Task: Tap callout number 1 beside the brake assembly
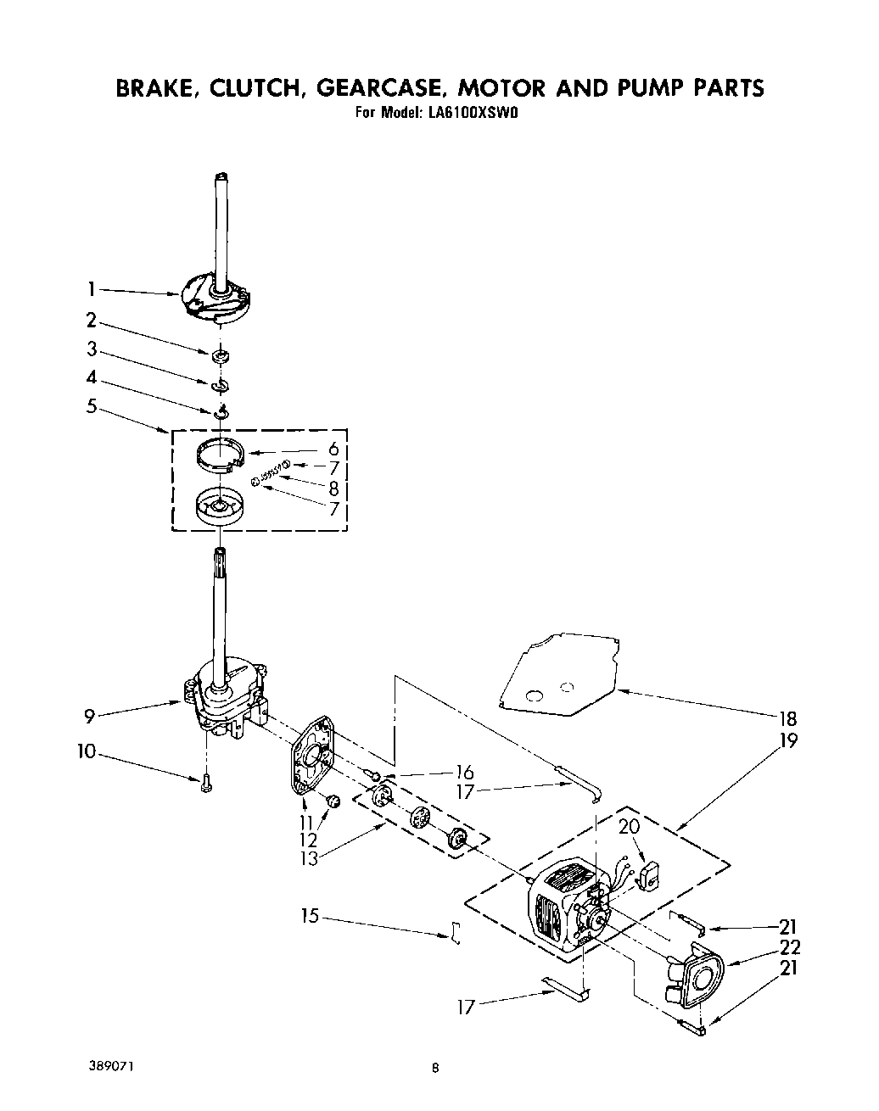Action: [90, 290]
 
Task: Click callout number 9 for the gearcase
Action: [89, 714]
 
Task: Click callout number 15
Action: [311, 916]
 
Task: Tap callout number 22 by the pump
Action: [789, 947]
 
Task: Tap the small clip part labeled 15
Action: [456, 933]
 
